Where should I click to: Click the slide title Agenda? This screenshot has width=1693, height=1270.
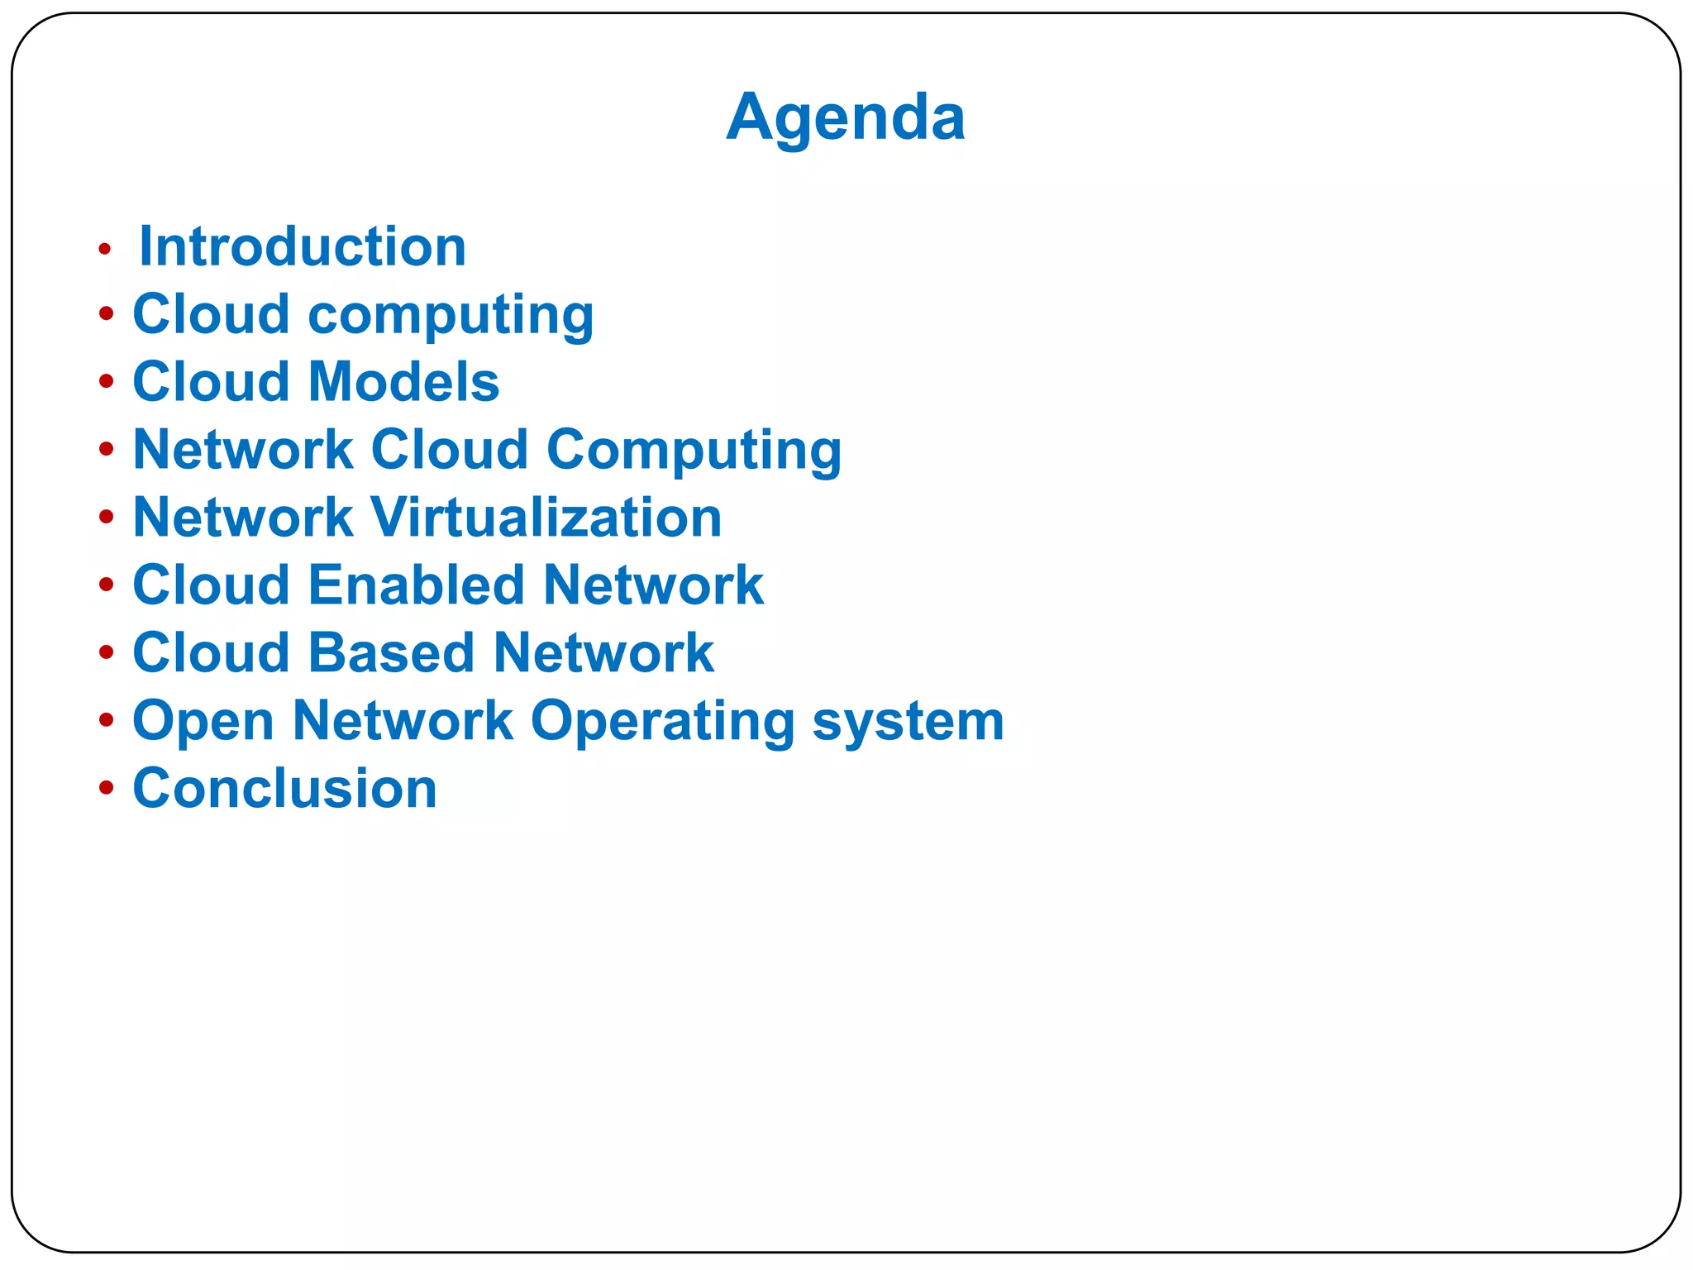coord(846,117)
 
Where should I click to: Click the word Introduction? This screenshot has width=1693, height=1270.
coord(303,246)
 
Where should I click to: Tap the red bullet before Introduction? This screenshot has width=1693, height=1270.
coord(104,248)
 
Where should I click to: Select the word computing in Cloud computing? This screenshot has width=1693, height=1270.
coord(451,316)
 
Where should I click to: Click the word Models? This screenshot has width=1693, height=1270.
coord(403,382)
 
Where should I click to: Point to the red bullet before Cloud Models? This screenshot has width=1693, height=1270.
coord(106,382)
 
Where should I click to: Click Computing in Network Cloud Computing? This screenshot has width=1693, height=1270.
coord(694,451)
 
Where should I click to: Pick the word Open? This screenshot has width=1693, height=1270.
coord(203,722)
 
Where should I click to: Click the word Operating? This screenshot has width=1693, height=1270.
coord(662,722)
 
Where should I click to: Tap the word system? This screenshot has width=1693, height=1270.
coord(908,722)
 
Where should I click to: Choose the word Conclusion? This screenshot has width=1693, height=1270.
coord(284,789)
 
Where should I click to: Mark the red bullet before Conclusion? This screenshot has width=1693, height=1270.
coord(106,788)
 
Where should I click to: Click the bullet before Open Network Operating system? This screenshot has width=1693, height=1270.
coord(106,720)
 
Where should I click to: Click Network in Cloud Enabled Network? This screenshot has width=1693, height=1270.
coord(653,585)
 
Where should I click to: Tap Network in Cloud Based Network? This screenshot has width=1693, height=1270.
coord(603,653)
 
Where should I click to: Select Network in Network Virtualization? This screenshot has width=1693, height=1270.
coord(243,518)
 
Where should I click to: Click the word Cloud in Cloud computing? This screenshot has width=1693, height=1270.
coord(211,314)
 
